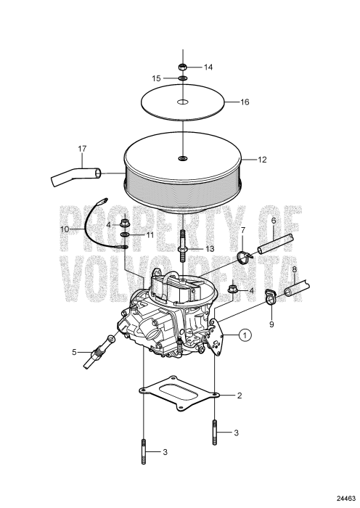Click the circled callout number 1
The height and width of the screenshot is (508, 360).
(245, 335)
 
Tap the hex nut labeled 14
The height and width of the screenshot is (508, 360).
(183, 67)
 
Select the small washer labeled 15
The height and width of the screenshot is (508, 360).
(183, 78)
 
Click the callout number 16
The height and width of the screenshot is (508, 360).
(245, 102)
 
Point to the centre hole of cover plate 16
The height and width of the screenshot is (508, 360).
(183, 102)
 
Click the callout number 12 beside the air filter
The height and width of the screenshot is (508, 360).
(262, 160)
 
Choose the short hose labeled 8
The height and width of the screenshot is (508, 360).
(297, 288)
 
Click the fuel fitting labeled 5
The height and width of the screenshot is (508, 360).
(98, 352)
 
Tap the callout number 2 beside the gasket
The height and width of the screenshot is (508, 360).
(240, 396)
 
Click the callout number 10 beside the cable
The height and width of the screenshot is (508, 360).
(65, 229)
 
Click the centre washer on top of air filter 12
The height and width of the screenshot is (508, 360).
(183, 158)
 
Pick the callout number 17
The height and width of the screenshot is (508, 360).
(82, 149)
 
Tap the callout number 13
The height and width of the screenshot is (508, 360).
(210, 249)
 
